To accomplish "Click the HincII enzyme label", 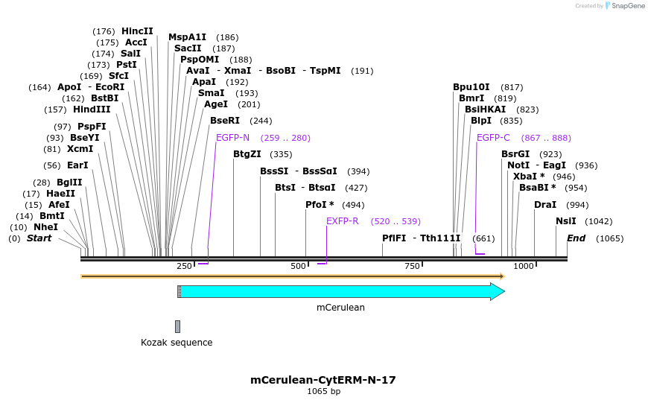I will (137, 31).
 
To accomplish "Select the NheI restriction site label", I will (45, 227).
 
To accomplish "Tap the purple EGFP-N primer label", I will (232, 138).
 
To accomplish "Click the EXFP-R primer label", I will (343, 221).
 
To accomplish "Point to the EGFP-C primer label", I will (493, 138).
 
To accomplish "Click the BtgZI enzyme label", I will (247, 154).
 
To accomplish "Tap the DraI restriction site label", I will (545, 205).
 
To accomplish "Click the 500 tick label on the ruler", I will (298, 267).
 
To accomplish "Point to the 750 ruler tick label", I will (412, 267).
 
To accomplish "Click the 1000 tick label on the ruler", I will (524, 267).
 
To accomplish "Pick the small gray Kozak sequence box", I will (177, 326).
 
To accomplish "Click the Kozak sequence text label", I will (177, 343).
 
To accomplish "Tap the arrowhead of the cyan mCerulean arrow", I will (498, 291).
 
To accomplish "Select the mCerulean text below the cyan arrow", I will (340, 307).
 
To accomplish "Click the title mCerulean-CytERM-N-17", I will (323, 380).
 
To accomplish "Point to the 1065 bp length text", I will (323, 392).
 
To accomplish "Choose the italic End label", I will (576, 238).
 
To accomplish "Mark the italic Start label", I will (39, 238).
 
